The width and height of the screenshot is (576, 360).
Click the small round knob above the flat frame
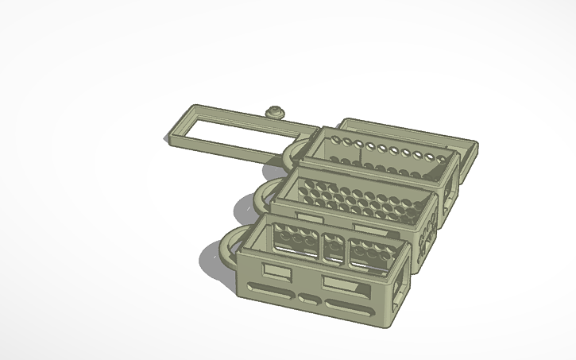(276, 111)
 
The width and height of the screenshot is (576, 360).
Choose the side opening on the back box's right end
(453, 182)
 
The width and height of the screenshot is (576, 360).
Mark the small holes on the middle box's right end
(429, 234)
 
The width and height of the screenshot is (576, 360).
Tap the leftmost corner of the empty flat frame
(170, 139)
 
